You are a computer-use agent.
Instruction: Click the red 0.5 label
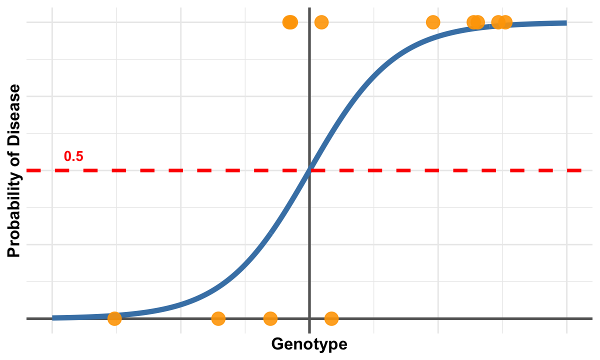coord(73,156)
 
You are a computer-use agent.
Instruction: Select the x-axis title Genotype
coord(309,344)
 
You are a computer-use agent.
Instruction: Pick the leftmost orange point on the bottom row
coord(114,318)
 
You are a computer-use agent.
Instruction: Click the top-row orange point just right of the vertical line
coord(321,22)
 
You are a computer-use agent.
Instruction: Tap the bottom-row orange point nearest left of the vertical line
coord(270,318)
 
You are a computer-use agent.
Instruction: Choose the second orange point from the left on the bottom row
coord(218,318)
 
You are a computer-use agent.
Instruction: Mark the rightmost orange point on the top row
coord(505,22)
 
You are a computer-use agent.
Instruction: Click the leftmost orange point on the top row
coord(288,22)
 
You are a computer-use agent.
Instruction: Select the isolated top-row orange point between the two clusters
coord(433,22)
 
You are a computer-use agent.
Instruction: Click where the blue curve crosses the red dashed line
coord(310,170)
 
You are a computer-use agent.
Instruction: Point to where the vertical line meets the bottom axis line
coord(309,318)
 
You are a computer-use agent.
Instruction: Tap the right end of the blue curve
coord(565,23)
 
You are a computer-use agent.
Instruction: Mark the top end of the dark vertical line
coord(309,9)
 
